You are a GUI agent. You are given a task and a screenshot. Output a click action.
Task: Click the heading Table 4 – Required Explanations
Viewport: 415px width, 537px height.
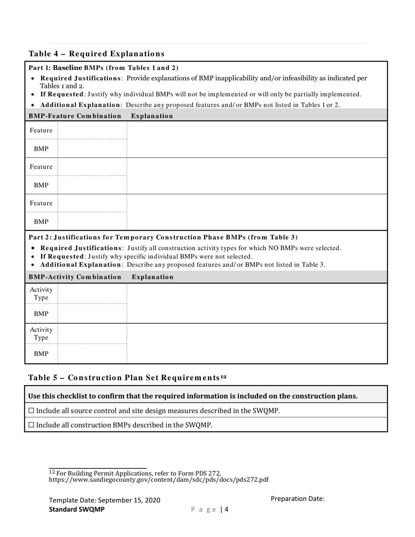97,54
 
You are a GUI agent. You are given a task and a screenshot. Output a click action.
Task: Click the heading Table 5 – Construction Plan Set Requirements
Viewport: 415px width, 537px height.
124,378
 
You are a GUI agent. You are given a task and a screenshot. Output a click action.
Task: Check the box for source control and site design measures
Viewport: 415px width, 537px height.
31,410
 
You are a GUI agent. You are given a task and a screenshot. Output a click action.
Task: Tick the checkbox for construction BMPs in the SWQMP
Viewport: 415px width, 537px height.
31,425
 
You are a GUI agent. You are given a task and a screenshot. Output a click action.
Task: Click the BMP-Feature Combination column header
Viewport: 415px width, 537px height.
75,116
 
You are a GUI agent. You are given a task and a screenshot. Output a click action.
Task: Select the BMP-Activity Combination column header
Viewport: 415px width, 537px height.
75,277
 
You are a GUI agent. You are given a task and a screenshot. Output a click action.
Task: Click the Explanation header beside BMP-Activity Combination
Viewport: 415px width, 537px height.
152,277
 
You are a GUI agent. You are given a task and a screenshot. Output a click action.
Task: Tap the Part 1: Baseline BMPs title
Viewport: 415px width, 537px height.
104,68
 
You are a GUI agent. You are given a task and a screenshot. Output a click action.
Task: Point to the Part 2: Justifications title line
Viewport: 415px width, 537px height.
163,237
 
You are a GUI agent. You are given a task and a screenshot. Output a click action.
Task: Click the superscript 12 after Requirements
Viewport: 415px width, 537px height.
223,376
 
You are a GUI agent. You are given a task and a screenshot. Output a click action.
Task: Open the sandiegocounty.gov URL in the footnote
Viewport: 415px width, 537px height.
159,479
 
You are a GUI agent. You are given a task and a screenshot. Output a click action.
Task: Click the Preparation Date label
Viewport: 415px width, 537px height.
297,499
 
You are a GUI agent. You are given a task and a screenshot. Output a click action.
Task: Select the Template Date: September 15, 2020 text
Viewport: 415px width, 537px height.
104,500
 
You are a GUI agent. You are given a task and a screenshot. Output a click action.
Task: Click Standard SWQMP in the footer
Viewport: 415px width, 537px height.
76,509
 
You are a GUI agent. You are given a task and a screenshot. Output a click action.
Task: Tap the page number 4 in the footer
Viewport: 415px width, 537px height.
227,509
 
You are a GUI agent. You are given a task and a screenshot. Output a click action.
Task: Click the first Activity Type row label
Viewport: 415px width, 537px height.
41,293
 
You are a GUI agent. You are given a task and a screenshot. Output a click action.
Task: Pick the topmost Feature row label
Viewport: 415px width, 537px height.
41,130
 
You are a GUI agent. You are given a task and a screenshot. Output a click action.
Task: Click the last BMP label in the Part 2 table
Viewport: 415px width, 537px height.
41,354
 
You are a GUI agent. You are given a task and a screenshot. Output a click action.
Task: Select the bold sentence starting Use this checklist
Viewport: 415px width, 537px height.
193,396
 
